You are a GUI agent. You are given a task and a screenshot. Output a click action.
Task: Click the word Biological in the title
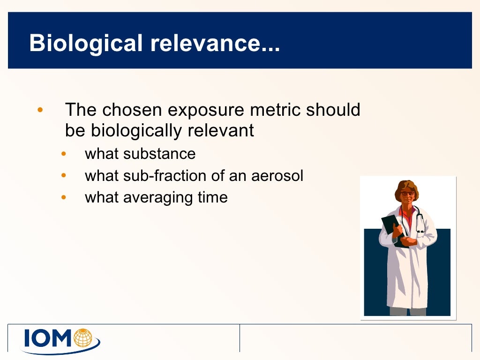pos(86,44)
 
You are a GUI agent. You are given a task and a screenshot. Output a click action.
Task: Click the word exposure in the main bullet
pos(206,110)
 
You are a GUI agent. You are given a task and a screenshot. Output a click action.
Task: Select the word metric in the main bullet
pos(276,110)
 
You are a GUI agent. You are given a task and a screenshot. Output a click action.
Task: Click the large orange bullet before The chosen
pos(40,111)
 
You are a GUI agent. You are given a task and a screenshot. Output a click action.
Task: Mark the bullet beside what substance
pos(64,154)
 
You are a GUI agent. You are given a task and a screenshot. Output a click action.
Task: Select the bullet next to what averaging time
pos(64,197)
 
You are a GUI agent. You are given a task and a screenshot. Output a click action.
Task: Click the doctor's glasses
pos(407,193)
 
